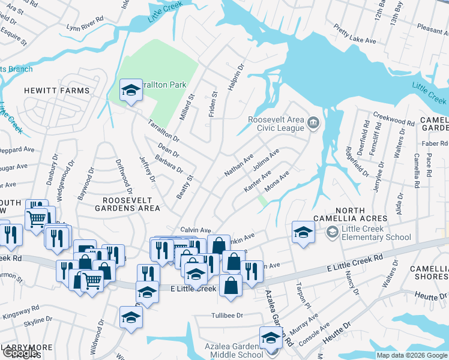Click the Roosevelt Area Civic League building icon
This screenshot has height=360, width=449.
[x=313, y=124]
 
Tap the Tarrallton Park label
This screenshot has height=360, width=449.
[x=163, y=85]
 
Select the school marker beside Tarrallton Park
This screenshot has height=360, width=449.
[x=130, y=91]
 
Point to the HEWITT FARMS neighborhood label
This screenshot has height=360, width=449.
[x=56, y=91]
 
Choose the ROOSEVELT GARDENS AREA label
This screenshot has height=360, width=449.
[x=131, y=204]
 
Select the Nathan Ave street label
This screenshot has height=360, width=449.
[x=239, y=164]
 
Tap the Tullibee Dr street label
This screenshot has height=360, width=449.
[x=227, y=315]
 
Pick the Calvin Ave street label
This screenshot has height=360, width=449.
[x=196, y=230]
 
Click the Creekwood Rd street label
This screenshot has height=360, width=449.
[x=394, y=118]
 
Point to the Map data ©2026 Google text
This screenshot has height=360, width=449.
[x=412, y=355]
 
